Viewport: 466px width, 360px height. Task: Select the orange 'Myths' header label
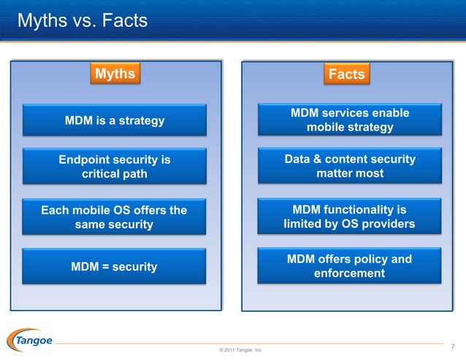pos(115,74)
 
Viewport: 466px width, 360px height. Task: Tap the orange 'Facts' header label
pos(347,74)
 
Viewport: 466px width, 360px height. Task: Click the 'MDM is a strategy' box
pos(115,120)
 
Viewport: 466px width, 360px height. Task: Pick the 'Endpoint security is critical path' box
pos(115,166)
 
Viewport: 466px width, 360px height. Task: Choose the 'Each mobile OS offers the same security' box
pos(115,218)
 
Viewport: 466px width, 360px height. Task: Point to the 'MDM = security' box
pos(115,267)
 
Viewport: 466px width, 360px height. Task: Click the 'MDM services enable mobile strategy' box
pos(350,120)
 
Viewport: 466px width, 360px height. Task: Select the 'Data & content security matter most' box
pos(350,166)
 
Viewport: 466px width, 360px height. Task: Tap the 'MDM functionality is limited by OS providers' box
pos(350,217)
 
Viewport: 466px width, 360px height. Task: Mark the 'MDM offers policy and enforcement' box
pos(350,267)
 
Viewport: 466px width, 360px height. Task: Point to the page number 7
pos(453,345)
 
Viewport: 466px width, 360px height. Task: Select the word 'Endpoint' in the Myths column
pos(84,160)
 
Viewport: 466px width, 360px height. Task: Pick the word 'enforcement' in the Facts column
pos(349,274)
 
